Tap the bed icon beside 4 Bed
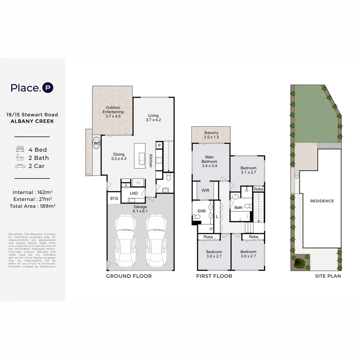tap(20, 150)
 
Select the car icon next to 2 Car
tap(20, 166)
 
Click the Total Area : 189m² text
tap(32, 206)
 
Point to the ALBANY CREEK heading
tap(32, 121)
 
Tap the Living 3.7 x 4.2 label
tap(153, 118)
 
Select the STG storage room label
tap(114, 199)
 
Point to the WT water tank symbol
tap(97, 143)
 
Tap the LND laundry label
tap(134, 193)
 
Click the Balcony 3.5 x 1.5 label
tap(211, 135)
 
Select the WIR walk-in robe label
tap(205, 191)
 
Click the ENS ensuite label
tap(201, 211)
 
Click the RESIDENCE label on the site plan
tap(322, 201)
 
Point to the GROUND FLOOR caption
tap(129, 276)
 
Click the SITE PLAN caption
tap(328, 276)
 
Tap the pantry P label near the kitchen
tap(159, 146)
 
